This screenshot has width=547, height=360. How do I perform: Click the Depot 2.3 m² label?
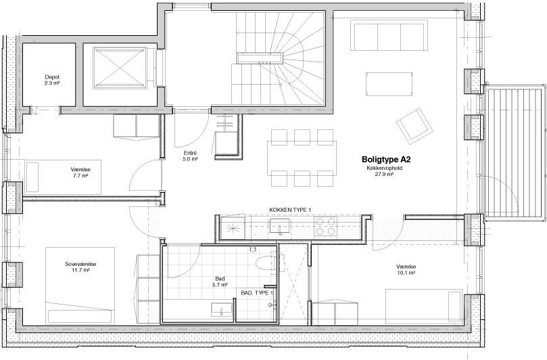pos(52,80)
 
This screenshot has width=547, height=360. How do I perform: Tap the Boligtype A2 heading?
pos(386,160)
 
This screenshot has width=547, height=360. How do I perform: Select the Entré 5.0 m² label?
pos(190,156)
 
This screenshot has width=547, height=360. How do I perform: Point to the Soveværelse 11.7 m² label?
pos(80,267)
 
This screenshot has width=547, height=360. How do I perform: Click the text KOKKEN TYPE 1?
pos(290,210)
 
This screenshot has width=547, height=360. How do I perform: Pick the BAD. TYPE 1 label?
pos(257,292)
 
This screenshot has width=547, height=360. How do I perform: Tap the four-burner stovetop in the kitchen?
pos(325,226)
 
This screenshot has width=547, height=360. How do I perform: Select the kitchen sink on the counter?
pos(280,226)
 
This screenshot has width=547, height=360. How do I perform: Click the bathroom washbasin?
pos(222,310)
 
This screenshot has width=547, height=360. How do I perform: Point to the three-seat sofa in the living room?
pos(391,36)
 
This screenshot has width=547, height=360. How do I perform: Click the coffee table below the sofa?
pos(389,84)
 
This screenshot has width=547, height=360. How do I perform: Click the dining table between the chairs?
pos(302,158)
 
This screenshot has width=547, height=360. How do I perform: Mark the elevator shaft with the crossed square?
pos(119,68)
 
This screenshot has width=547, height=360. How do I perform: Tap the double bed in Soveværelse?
pos(80,286)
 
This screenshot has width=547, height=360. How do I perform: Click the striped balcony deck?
pos(515,153)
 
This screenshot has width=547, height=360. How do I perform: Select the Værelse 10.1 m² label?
pos(406,269)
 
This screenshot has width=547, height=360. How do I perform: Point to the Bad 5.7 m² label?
pos(220,282)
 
